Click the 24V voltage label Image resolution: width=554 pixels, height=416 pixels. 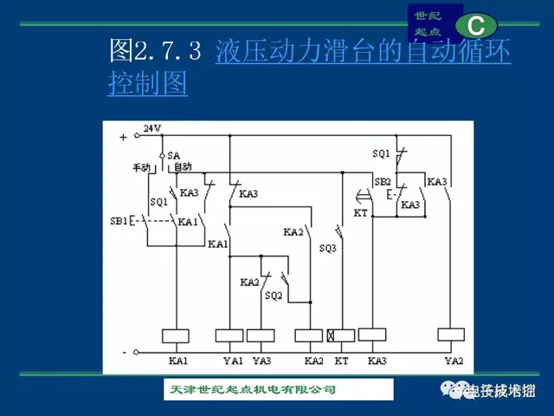pos(152,128)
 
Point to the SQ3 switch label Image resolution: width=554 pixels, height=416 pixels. pos(327,248)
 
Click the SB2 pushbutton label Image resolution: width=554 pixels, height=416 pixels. pos(382,182)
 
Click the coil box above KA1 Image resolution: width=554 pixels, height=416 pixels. pos(177,335)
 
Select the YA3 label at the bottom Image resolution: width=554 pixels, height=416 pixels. pos(261,360)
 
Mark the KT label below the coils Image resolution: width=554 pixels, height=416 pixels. pos(341,360)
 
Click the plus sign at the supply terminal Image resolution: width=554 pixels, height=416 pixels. pos(123,137)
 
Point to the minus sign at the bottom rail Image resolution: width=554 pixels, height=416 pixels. pos(124,352)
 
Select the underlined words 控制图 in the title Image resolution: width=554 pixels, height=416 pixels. pos(148,83)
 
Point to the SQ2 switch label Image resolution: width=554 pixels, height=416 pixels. pos(274,296)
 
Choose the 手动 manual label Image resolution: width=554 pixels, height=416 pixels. pos(142,166)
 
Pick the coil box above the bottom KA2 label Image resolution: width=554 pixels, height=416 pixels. pos(309,335)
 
